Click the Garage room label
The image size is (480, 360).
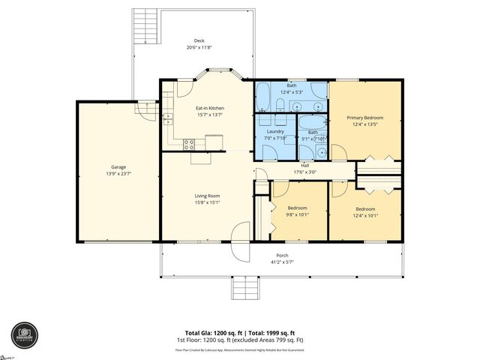click(x=118, y=167)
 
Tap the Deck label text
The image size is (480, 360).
click(x=199, y=41)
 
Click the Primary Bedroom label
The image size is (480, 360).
click(x=364, y=118)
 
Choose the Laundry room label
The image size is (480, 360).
click(x=274, y=131)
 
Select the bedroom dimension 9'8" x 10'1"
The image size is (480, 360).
click(x=298, y=214)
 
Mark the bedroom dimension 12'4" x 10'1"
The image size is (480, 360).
click(x=365, y=215)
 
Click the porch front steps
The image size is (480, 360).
click(x=243, y=286)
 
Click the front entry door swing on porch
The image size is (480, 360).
click(x=241, y=244)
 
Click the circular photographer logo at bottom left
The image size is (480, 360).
click(x=23, y=335)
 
